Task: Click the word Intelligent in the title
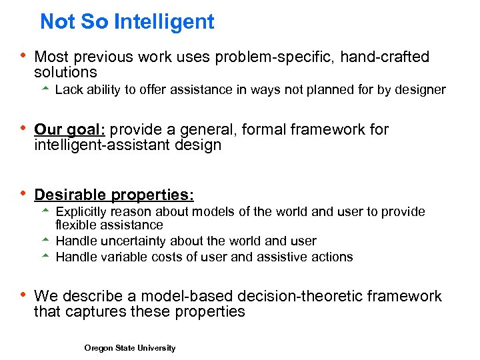(164, 22)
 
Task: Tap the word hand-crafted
(385, 57)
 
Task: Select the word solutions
(65, 73)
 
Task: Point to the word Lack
(69, 90)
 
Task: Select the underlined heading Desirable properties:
(114, 195)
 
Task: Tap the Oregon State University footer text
(130, 348)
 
